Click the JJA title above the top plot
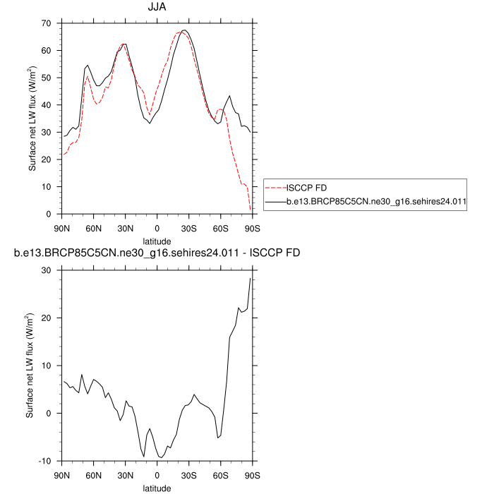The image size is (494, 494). (157, 8)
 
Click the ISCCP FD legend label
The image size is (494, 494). (306, 188)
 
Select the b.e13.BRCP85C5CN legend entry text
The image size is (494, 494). (378, 201)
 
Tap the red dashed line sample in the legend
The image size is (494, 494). (275, 188)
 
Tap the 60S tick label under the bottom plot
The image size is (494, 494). (220, 473)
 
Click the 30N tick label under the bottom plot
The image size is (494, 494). (125, 473)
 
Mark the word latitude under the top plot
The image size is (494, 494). (157, 241)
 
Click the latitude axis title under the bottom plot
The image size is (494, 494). (157, 488)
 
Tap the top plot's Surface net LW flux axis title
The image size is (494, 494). (32, 119)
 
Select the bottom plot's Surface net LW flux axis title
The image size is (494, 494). (30, 366)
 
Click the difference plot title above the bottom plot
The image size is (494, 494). (157, 253)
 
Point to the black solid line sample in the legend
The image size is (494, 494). (275, 201)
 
